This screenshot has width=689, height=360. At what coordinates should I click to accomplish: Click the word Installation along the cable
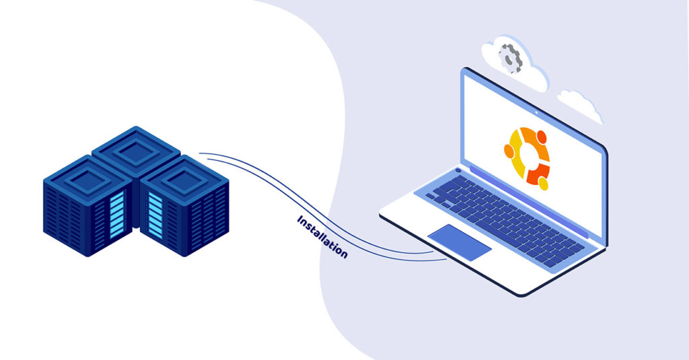(x=322, y=236)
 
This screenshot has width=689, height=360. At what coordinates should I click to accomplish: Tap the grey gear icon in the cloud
(x=510, y=58)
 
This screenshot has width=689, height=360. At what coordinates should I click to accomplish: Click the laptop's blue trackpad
(x=460, y=242)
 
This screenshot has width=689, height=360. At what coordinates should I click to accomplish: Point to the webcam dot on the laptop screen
(x=536, y=112)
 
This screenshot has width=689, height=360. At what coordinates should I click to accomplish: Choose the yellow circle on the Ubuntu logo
(x=544, y=183)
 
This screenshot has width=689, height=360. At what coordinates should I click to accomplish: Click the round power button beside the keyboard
(x=458, y=170)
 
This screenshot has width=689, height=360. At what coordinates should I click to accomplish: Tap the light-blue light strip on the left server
(x=117, y=215)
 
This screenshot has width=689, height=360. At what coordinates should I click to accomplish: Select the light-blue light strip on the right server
(x=155, y=215)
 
